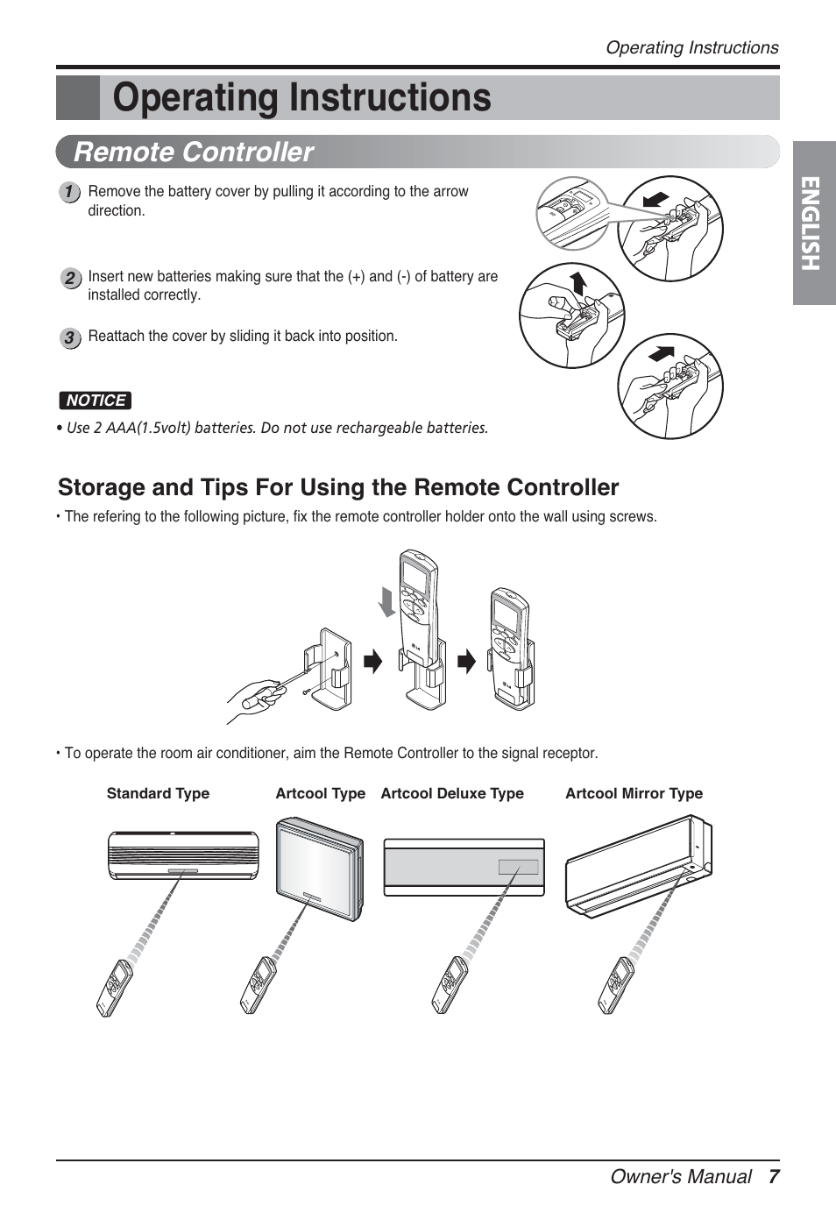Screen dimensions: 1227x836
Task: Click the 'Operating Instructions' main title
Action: coord(301,98)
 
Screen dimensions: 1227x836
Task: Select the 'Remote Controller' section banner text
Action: coord(194,152)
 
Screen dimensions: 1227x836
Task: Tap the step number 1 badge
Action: coord(69,192)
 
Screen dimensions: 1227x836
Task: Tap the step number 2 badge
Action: coord(69,279)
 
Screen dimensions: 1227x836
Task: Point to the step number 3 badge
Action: coord(69,337)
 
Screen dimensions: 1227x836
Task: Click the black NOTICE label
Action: coord(96,401)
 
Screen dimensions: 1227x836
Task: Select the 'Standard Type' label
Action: coord(158,793)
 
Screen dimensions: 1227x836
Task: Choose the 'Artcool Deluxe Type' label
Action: coord(452,793)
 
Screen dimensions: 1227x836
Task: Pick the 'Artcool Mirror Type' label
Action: coord(634,793)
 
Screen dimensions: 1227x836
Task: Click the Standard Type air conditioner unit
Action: coord(183,855)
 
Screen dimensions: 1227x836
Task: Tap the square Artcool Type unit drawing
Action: coord(319,868)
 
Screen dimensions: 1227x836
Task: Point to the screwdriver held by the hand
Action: coord(263,694)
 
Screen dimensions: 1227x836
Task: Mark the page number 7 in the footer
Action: coord(773,1176)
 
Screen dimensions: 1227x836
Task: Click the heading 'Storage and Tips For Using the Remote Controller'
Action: coord(338,487)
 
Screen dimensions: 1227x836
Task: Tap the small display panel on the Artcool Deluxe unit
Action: coord(518,868)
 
